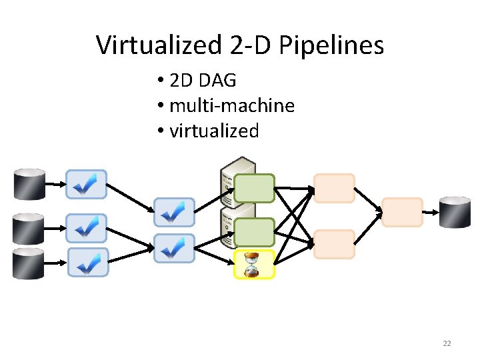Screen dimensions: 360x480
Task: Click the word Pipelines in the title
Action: (x=331, y=45)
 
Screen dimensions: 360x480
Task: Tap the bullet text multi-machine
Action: (x=232, y=105)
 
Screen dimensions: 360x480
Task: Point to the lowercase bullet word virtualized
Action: (x=214, y=131)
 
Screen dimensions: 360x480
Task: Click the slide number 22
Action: (x=447, y=343)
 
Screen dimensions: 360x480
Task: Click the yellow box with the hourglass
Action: (x=254, y=265)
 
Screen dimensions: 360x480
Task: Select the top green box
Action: (x=254, y=188)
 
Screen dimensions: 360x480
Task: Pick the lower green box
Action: (x=254, y=232)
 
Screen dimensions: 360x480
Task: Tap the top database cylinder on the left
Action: (x=29, y=185)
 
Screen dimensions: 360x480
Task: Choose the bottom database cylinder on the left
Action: (x=29, y=263)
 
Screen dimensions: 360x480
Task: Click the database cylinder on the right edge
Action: (x=455, y=212)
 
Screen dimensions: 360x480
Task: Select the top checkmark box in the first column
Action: (x=86, y=184)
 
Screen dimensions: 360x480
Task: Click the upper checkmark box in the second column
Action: (x=174, y=212)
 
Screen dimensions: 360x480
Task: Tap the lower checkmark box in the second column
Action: (x=174, y=248)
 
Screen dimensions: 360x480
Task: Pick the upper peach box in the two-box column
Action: (x=334, y=188)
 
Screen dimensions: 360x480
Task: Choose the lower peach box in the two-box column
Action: (x=334, y=244)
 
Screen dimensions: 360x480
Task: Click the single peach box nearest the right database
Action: (x=403, y=212)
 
